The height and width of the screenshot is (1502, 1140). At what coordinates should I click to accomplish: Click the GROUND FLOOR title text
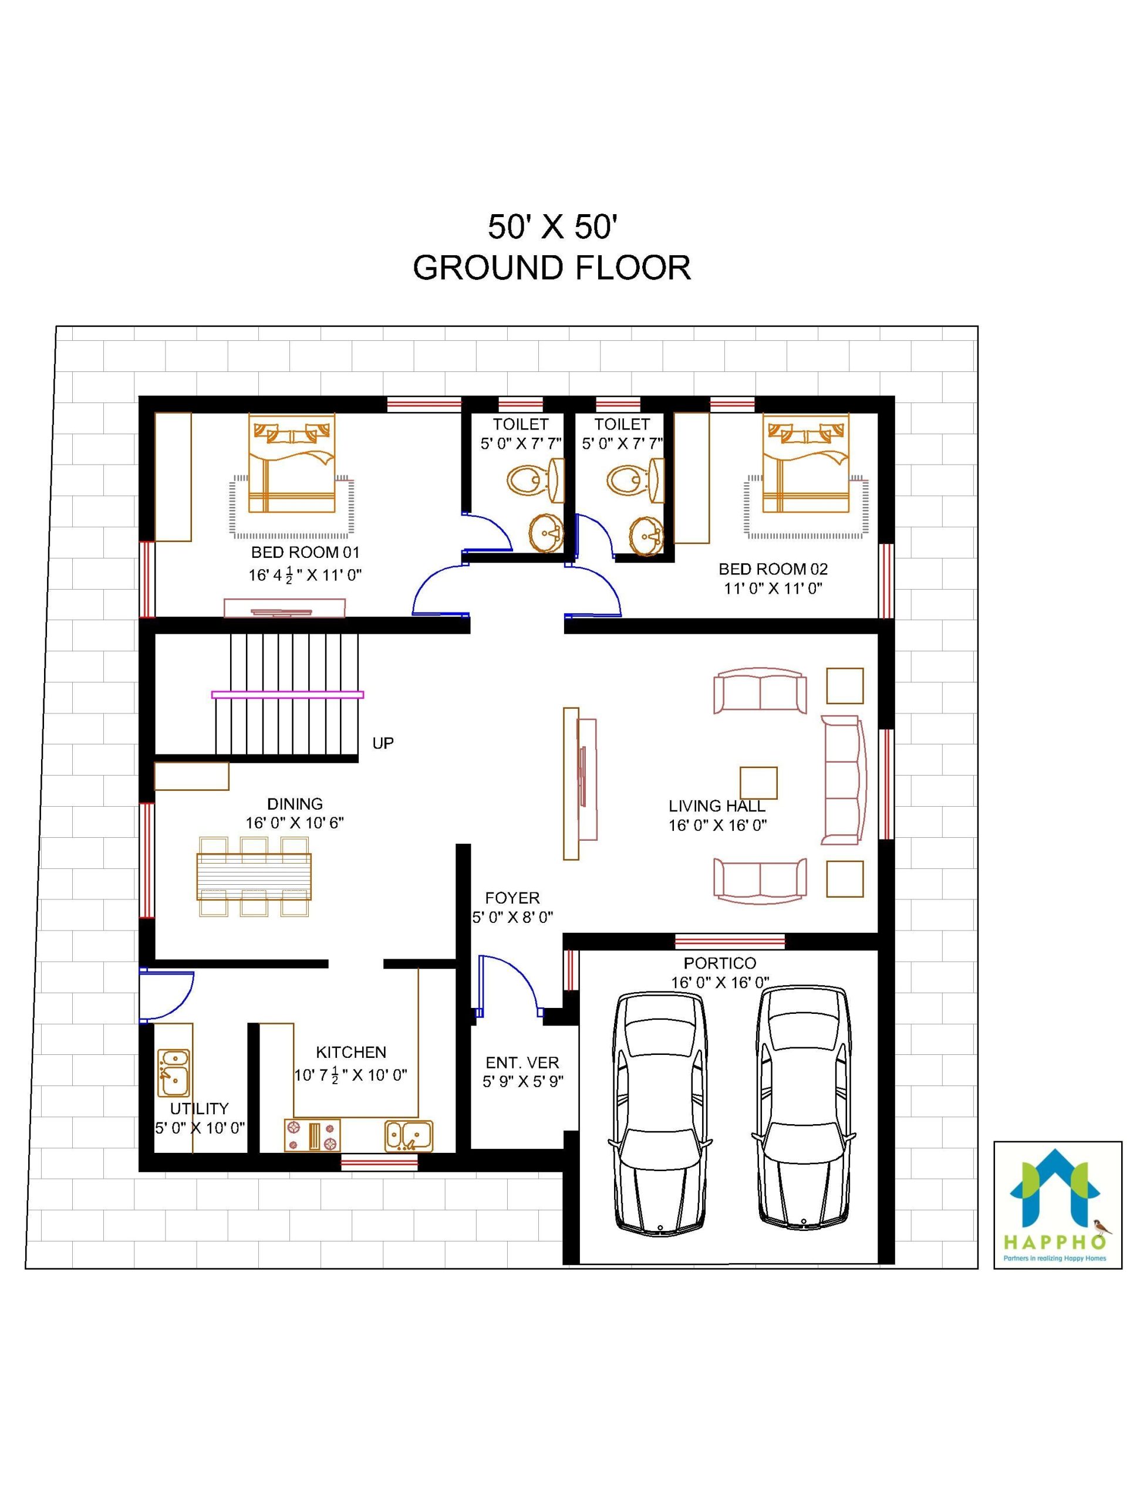(552, 268)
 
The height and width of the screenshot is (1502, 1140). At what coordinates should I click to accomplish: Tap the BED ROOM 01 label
(305, 552)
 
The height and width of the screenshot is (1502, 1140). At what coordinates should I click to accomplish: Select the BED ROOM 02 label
(773, 569)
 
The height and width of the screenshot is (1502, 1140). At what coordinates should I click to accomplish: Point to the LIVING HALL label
(717, 806)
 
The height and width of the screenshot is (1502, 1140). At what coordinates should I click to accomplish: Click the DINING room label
(295, 804)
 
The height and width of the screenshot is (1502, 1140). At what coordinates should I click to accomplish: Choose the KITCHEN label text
(351, 1053)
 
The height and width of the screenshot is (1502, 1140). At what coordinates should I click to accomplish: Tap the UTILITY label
(199, 1109)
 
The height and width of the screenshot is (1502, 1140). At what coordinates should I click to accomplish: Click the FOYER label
(512, 898)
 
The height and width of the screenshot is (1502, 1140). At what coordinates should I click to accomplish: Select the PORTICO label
(720, 963)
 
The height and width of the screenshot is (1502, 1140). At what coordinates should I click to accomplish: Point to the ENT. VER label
(522, 1063)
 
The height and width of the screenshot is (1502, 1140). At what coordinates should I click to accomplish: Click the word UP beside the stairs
(383, 743)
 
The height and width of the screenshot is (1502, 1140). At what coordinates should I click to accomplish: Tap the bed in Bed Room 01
(291, 462)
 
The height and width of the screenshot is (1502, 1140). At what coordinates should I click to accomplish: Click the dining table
(254, 877)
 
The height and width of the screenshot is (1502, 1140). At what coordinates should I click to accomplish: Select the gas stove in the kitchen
(312, 1136)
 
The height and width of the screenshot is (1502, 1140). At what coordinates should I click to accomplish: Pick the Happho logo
(1058, 1205)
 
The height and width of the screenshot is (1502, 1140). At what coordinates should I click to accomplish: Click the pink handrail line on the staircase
(288, 695)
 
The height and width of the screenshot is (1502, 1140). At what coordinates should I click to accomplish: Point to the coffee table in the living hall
(758, 783)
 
